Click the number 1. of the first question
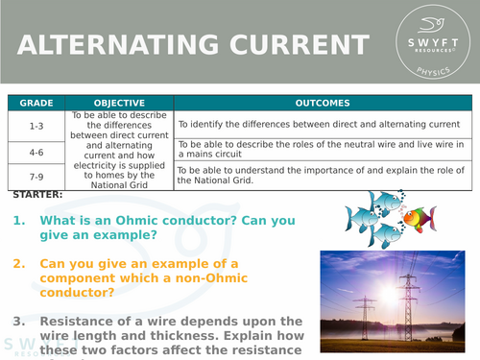click(19, 220)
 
